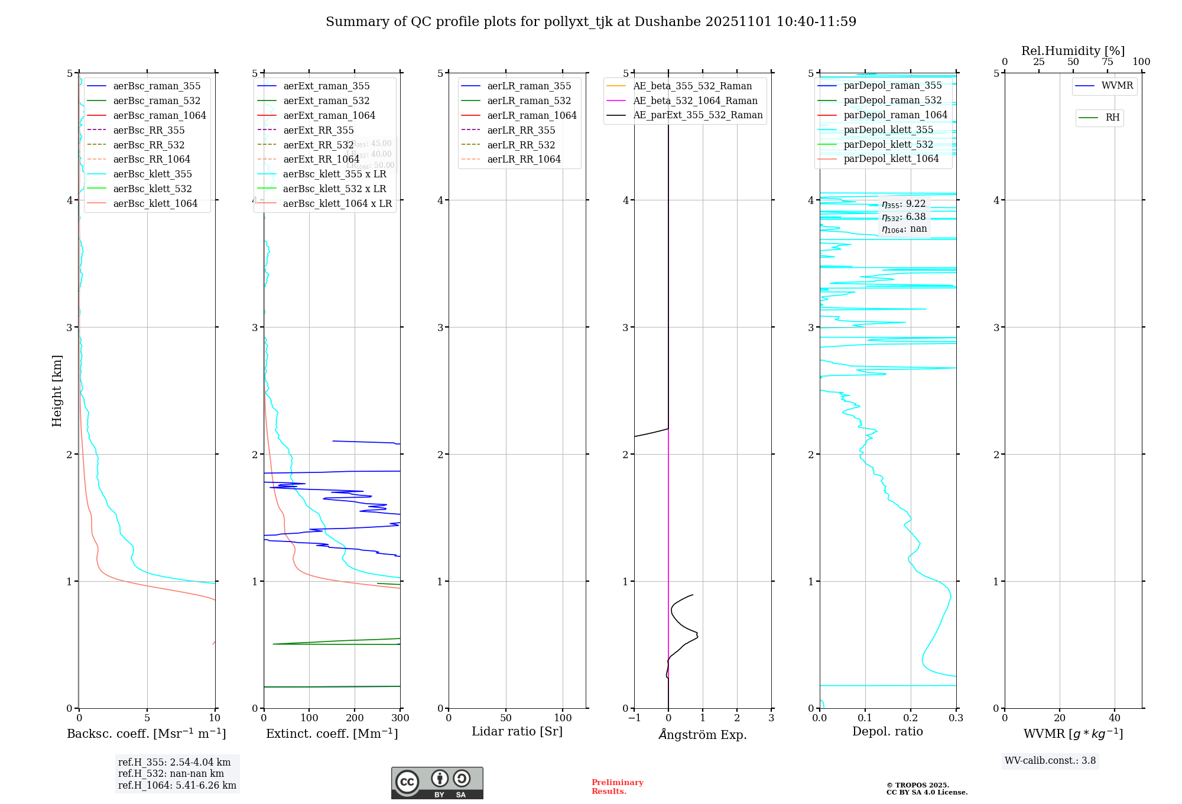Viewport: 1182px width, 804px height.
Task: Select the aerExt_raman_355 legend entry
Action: pos(326,86)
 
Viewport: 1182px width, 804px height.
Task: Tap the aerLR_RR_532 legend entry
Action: pos(521,145)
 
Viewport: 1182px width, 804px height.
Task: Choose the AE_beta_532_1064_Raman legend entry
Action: pos(695,100)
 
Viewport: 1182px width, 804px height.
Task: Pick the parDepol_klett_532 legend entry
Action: pos(888,144)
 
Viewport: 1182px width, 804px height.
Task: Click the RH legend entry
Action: pos(1112,118)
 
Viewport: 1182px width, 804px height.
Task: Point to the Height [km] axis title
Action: pos(57,391)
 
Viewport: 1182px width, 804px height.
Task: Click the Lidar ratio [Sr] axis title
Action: pos(517,731)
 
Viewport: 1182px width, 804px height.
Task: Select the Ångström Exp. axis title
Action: pos(703,734)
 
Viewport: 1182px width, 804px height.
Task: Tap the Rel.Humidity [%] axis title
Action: pos(1073,51)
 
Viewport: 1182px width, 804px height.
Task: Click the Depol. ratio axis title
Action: pos(887,731)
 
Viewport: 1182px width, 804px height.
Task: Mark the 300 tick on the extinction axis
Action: pos(400,718)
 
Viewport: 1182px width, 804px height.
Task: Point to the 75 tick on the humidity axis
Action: pos(1107,62)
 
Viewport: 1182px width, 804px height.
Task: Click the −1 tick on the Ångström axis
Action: pos(634,718)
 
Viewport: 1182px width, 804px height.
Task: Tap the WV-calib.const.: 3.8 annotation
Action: pos(1050,761)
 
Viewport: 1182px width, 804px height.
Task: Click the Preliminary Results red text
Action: pos(617,787)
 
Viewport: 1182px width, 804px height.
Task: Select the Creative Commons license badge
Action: pos(437,783)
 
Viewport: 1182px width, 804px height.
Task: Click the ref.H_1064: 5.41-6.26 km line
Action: pos(177,786)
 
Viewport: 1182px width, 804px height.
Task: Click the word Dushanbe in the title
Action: pos(668,22)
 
